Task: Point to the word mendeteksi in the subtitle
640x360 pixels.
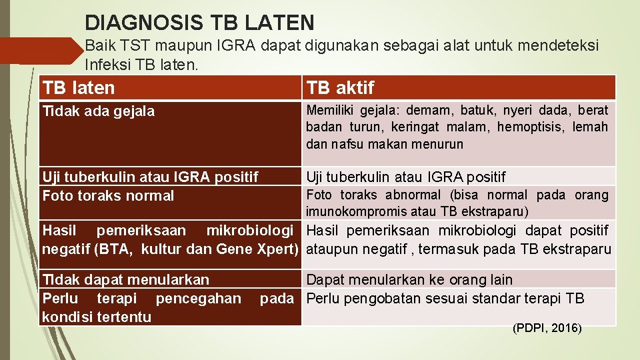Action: coord(557,46)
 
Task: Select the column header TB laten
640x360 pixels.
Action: coord(78,87)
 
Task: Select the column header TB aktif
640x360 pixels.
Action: coord(340,87)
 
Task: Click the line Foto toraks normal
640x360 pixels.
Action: coord(108,196)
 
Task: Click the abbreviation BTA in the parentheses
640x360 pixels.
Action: coord(122,250)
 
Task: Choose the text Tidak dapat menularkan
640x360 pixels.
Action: coord(125,280)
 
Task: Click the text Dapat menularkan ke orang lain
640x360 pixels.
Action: coord(409,280)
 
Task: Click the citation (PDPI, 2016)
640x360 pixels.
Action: coord(547,328)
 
